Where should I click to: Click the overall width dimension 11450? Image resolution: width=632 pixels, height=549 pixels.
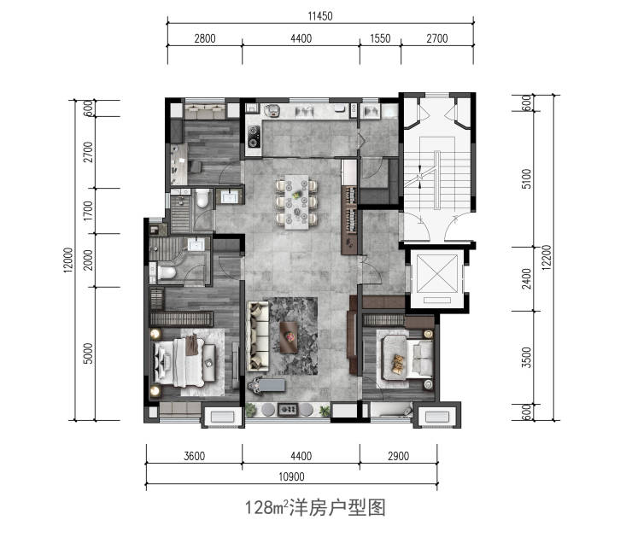(x=320, y=16)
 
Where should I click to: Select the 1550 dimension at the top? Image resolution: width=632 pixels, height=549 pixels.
(x=380, y=38)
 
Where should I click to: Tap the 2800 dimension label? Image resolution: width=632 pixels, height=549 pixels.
(x=205, y=38)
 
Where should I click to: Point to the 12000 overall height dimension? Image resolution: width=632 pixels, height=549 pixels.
(x=68, y=260)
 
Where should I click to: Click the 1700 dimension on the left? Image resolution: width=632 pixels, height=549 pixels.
(x=88, y=210)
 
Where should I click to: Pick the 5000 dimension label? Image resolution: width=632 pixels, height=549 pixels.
(x=88, y=353)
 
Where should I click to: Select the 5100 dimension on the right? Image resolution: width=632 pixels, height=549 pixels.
(x=526, y=178)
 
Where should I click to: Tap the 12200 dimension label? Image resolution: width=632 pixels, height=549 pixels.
(x=546, y=258)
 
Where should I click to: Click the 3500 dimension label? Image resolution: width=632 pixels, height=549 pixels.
(x=526, y=358)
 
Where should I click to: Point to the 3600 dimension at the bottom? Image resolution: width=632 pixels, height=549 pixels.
(x=194, y=456)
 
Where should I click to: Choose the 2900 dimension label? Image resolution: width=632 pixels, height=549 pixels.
(x=398, y=456)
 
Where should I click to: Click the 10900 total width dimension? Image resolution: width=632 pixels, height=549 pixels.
(x=291, y=476)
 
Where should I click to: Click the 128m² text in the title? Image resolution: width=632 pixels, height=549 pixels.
(x=266, y=507)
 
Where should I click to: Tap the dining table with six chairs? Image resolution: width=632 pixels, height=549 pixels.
(x=296, y=201)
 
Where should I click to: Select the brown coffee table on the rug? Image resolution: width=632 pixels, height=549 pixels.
(x=289, y=337)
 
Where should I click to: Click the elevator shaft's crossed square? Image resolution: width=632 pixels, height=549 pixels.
(x=437, y=274)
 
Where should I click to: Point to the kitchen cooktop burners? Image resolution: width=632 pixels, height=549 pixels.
(x=254, y=137)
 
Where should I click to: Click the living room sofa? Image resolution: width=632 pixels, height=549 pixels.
(x=259, y=336)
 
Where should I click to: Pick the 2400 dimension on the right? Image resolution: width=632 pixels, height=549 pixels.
(x=526, y=278)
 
